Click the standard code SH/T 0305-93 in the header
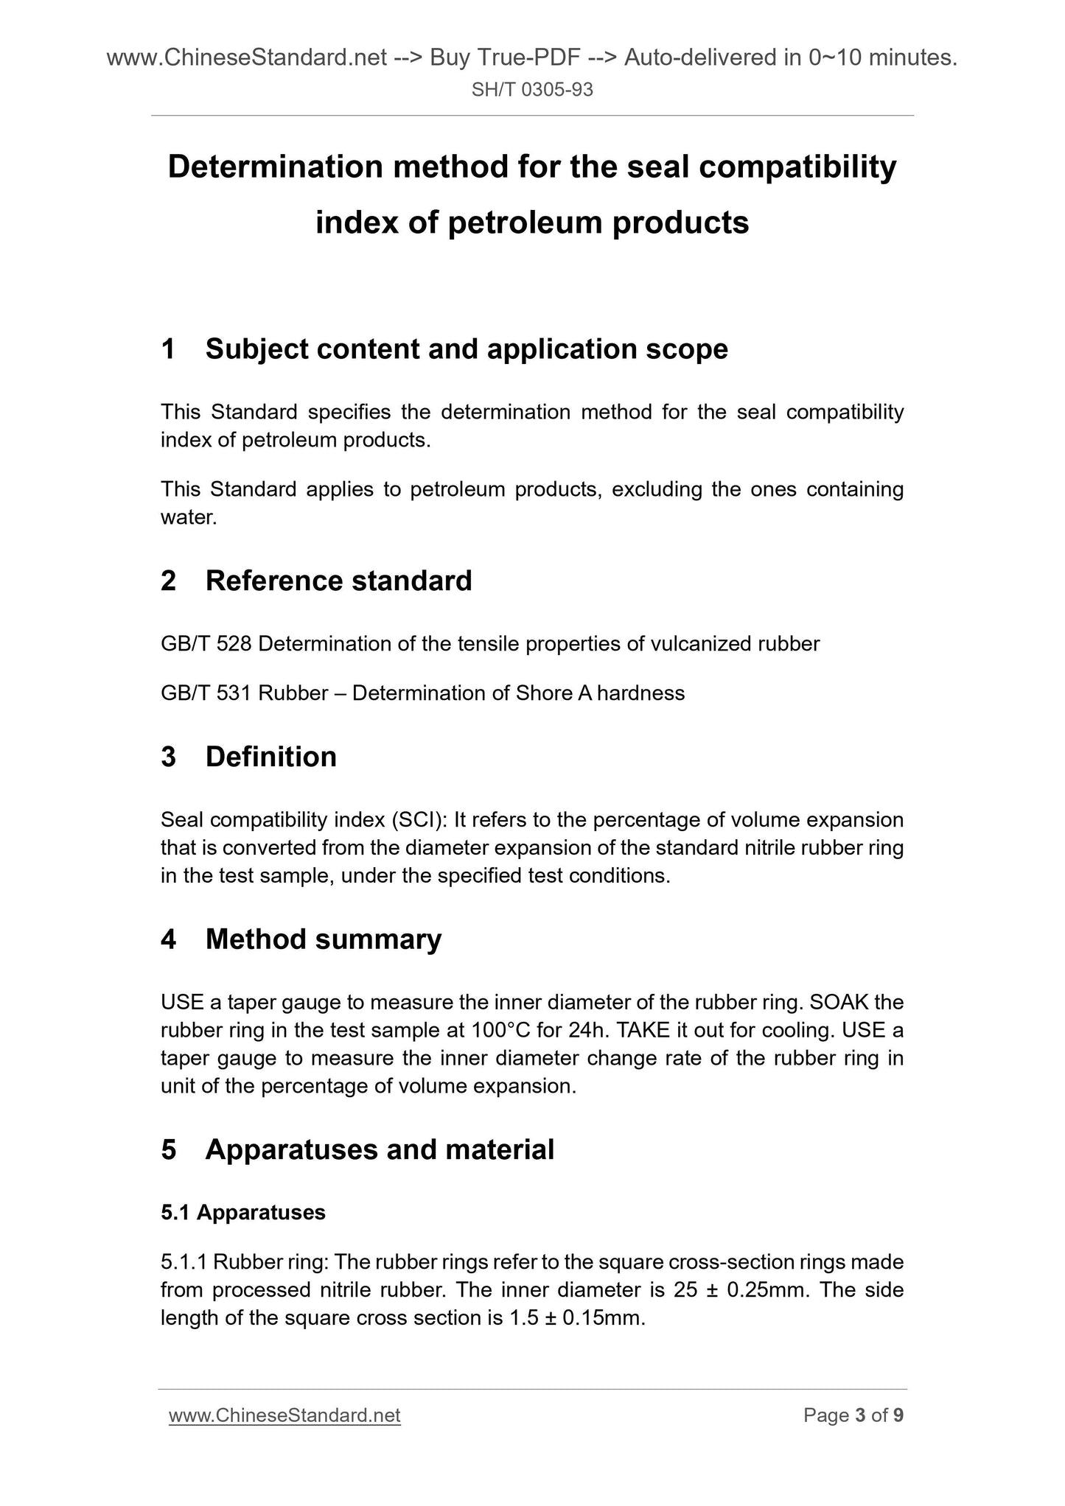532,91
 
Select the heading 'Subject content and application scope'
467,349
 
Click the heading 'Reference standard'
338,581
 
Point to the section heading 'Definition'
270,757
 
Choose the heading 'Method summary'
324,939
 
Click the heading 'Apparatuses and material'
380,1149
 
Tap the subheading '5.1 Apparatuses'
243,1212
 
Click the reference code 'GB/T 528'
206,644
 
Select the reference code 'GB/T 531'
206,693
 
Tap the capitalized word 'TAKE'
646,1030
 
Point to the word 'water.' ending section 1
189,517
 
